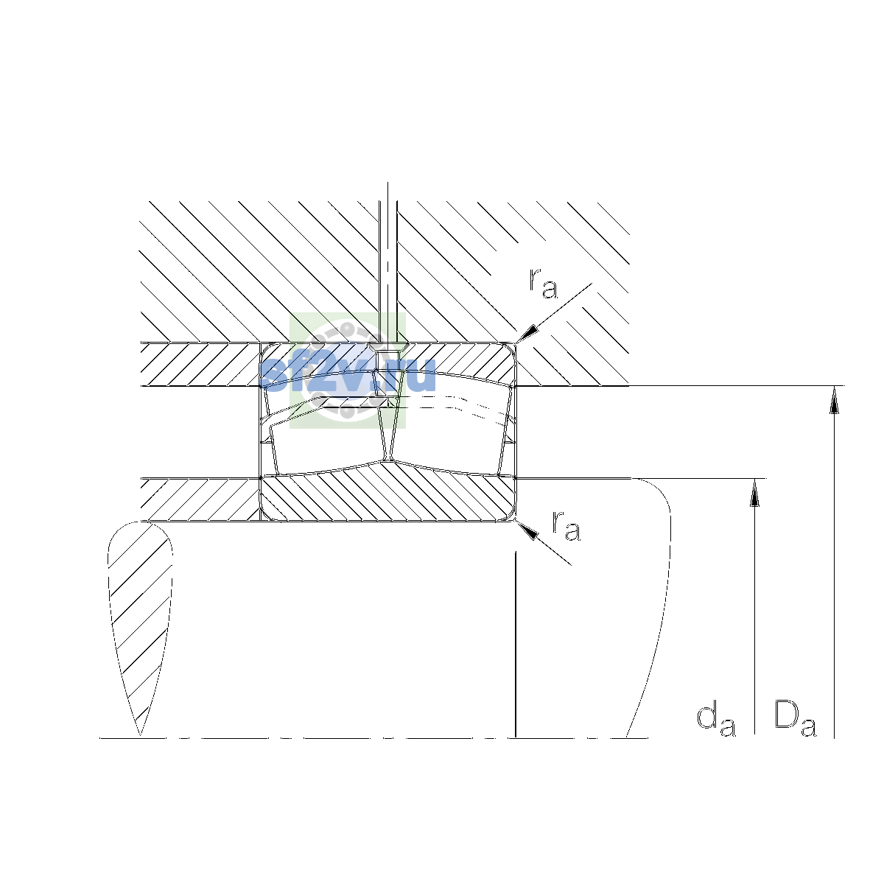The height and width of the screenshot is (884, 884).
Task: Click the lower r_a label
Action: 566,526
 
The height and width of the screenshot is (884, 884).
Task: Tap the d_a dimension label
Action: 716,718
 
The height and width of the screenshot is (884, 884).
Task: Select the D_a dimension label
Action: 796,718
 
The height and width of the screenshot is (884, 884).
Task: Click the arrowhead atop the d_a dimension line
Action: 754,493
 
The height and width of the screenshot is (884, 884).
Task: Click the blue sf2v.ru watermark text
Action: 347,375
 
